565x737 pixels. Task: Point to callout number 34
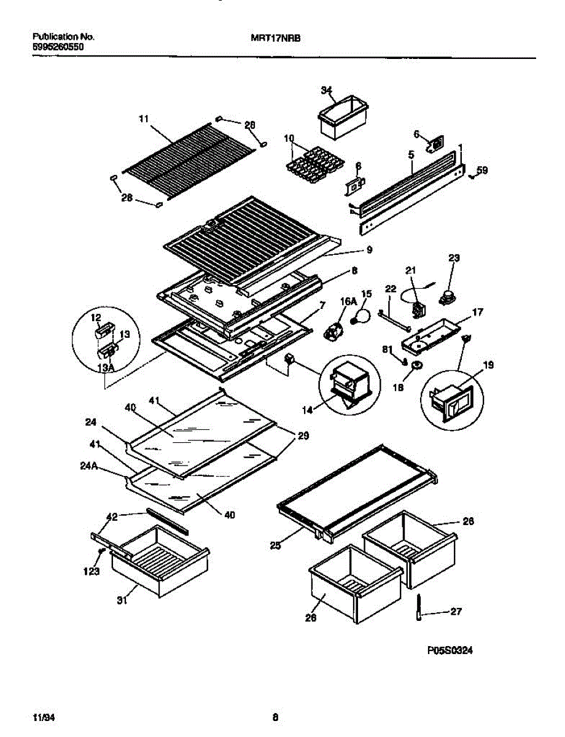326,90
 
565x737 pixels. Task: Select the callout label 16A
348,301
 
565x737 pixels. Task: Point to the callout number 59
483,171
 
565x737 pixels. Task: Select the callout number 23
453,259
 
